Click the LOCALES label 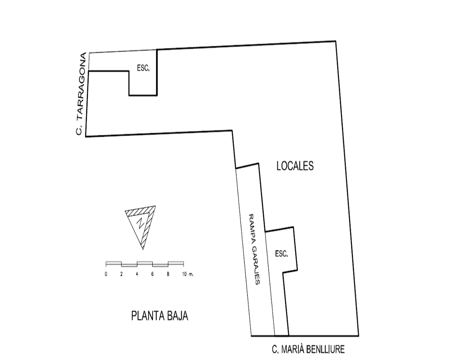(x=295, y=166)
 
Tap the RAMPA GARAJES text (x=254, y=249)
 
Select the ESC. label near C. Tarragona (x=143, y=68)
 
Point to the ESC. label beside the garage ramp (x=281, y=254)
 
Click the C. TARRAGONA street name (x=81, y=94)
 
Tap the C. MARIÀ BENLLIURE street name (x=308, y=349)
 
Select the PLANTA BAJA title (x=160, y=316)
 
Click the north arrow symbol (x=140, y=227)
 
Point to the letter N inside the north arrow (x=140, y=223)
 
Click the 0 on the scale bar (x=106, y=274)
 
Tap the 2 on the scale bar (x=121, y=274)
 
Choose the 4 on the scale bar (x=137, y=274)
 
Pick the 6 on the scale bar (x=153, y=274)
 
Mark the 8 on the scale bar (x=168, y=274)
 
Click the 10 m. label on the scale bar (x=188, y=274)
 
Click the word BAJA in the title (x=176, y=316)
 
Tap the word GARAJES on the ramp (x=256, y=265)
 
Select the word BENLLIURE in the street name (x=326, y=349)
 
